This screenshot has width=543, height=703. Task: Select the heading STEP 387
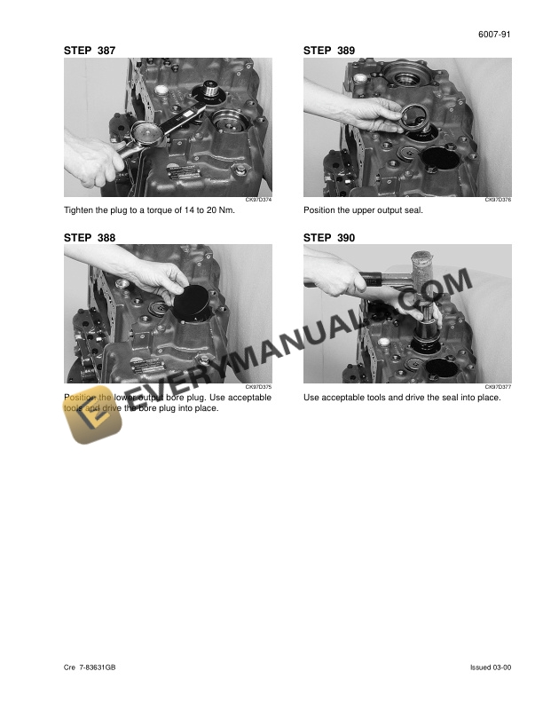[x=90, y=51]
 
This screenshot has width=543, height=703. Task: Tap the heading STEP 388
[x=90, y=238]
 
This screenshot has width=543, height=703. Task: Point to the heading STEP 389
[x=329, y=51]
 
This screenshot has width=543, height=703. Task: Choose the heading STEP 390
[x=329, y=238]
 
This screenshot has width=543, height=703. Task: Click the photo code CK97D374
[x=258, y=201]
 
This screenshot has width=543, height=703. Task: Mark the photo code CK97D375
[x=258, y=387]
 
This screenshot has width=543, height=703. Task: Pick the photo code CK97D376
[x=498, y=201]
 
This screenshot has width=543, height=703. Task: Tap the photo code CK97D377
[x=498, y=387]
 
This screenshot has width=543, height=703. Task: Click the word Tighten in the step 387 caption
[x=79, y=211]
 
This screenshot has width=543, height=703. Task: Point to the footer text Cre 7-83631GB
[x=90, y=667]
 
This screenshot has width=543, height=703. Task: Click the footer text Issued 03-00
[x=491, y=667]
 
